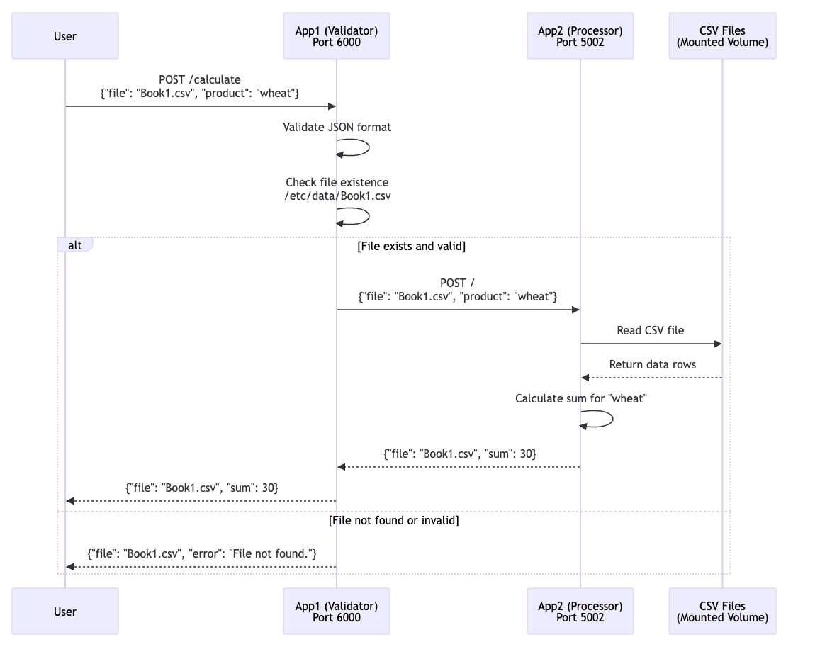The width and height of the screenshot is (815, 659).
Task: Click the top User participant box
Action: point(65,36)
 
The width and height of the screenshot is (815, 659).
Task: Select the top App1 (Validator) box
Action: point(337,36)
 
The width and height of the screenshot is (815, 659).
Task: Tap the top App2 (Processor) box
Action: point(580,36)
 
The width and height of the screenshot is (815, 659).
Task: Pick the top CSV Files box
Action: point(722,36)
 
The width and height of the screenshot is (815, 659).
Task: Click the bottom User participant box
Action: point(65,612)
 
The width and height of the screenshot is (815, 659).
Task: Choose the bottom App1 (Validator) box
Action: point(337,612)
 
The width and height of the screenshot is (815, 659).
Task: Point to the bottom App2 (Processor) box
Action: point(580,612)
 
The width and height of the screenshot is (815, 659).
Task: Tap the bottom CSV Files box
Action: point(722,612)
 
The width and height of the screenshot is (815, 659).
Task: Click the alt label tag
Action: point(74,245)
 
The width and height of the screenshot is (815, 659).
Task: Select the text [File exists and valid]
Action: point(411,247)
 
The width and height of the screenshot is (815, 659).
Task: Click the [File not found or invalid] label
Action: point(393,520)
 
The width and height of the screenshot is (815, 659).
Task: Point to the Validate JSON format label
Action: point(337,128)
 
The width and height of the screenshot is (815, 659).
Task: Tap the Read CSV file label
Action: point(651,330)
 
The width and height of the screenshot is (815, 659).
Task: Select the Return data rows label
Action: point(652,365)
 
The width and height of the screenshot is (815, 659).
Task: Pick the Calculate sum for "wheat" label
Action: point(580,399)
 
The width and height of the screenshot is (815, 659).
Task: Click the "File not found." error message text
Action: point(202,553)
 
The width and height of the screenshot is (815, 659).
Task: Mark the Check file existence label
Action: point(337,189)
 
